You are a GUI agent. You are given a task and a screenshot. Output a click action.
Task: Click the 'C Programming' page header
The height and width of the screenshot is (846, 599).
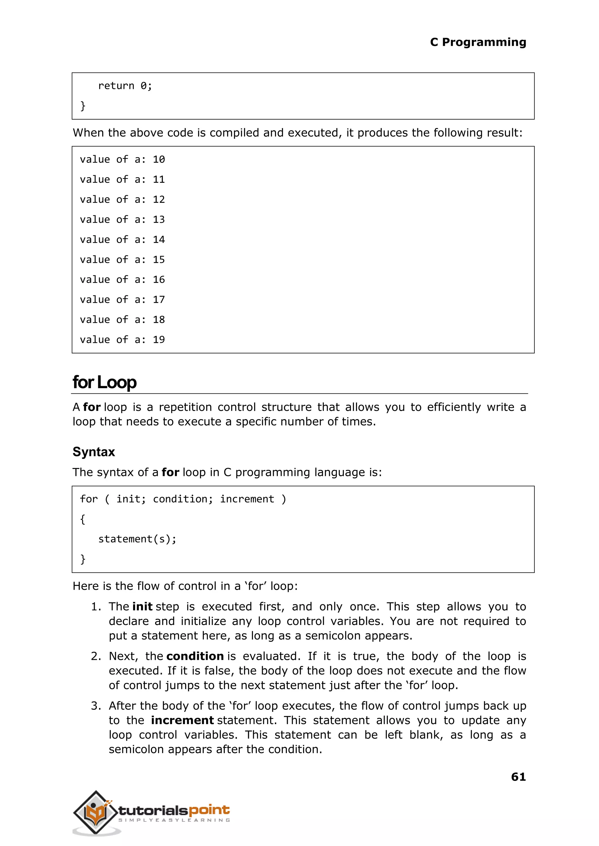(x=478, y=42)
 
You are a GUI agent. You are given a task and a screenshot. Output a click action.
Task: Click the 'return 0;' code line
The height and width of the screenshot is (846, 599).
(x=125, y=86)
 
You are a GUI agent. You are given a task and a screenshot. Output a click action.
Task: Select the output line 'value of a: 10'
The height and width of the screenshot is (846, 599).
(x=122, y=160)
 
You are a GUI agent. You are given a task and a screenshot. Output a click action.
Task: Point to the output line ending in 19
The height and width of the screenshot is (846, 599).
(x=122, y=339)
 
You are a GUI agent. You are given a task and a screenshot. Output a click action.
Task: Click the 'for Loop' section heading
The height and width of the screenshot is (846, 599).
(x=104, y=382)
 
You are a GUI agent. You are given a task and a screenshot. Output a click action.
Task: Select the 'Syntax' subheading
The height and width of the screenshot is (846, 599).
(x=94, y=452)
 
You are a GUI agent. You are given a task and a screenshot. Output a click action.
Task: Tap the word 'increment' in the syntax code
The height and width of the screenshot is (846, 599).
(x=247, y=499)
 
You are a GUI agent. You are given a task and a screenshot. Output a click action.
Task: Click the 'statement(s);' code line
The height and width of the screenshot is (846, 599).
(x=137, y=539)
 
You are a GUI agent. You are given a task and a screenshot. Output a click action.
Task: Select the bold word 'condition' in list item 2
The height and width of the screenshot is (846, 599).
(x=195, y=656)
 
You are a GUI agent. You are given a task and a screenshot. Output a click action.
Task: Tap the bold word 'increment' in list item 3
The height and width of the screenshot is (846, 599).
(x=182, y=720)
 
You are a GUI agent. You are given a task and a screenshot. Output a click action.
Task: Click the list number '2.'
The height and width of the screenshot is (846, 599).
(x=96, y=656)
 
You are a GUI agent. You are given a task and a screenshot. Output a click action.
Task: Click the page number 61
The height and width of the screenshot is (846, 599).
(x=518, y=777)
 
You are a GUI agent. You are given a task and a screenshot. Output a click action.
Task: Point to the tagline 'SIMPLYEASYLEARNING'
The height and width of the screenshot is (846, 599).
(x=174, y=820)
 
